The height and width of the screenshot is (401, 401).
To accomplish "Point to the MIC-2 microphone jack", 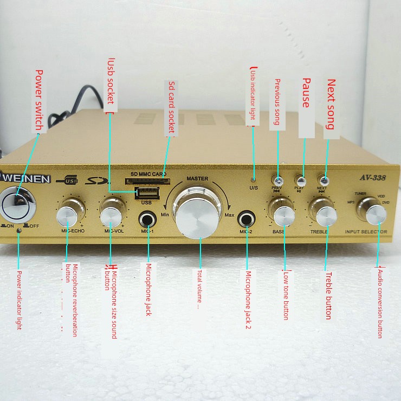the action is point(247,219).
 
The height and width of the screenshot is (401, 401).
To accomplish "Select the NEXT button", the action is point(324,180).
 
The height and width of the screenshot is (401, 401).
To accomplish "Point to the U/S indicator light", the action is point(253,179).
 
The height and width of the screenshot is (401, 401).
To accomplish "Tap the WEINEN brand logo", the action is point(25,179).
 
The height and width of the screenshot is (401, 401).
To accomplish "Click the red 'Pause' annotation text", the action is point(306,93).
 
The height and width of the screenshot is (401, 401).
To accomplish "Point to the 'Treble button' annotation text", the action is point(328,295).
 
